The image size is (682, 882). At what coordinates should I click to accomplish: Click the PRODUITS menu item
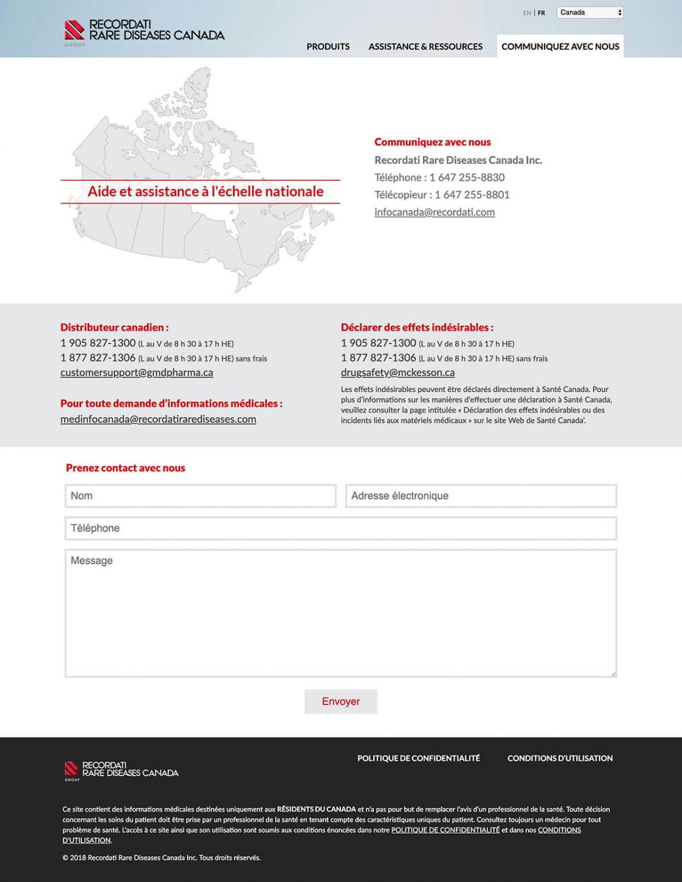coord(328,46)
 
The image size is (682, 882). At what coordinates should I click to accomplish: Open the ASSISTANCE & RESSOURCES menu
coord(425,46)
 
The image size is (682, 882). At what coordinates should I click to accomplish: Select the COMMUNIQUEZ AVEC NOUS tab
coord(560,46)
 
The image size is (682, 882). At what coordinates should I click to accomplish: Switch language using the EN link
coord(527,13)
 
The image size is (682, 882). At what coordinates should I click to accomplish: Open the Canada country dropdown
coord(590,12)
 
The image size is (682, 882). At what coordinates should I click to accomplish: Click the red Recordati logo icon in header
coord(75,30)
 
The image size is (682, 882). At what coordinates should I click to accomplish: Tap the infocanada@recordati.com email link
coord(435,212)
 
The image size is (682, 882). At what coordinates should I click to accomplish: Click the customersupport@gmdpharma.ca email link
coord(136,372)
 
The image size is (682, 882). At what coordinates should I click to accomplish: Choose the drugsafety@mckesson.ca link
coord(398,372)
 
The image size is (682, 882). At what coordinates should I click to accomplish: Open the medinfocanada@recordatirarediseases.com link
coord(158,419)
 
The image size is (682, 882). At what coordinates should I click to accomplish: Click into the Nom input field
coord(200,496)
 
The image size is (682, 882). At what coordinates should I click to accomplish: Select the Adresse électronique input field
coord(481,496)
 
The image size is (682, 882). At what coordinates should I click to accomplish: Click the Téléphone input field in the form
coord(340,528)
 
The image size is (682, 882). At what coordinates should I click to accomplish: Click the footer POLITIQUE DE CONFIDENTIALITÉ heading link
coord(419,758)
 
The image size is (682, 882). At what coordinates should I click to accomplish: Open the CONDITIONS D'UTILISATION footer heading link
coord(560,758)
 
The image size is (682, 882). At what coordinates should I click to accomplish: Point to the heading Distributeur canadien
coord(114,327)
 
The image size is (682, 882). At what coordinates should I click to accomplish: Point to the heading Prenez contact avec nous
coord(125,468)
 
